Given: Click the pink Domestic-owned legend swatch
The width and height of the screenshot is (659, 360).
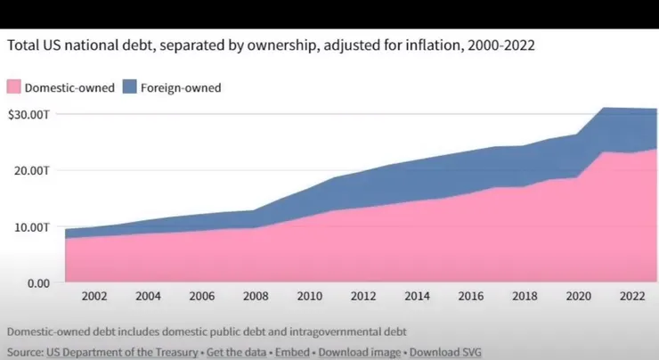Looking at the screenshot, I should pos(13,87).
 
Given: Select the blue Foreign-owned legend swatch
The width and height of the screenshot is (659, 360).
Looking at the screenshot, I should pos(127,87).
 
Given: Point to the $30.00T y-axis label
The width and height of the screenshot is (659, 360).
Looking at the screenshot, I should pos(28,114).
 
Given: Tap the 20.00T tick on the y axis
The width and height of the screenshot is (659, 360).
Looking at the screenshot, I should pos(34,170).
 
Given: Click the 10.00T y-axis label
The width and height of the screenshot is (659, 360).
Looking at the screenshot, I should pos(34,226).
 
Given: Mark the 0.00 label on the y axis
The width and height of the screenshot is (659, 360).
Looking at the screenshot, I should pos(37,283).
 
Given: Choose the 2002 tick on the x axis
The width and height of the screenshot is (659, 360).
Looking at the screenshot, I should pos(95,297).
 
